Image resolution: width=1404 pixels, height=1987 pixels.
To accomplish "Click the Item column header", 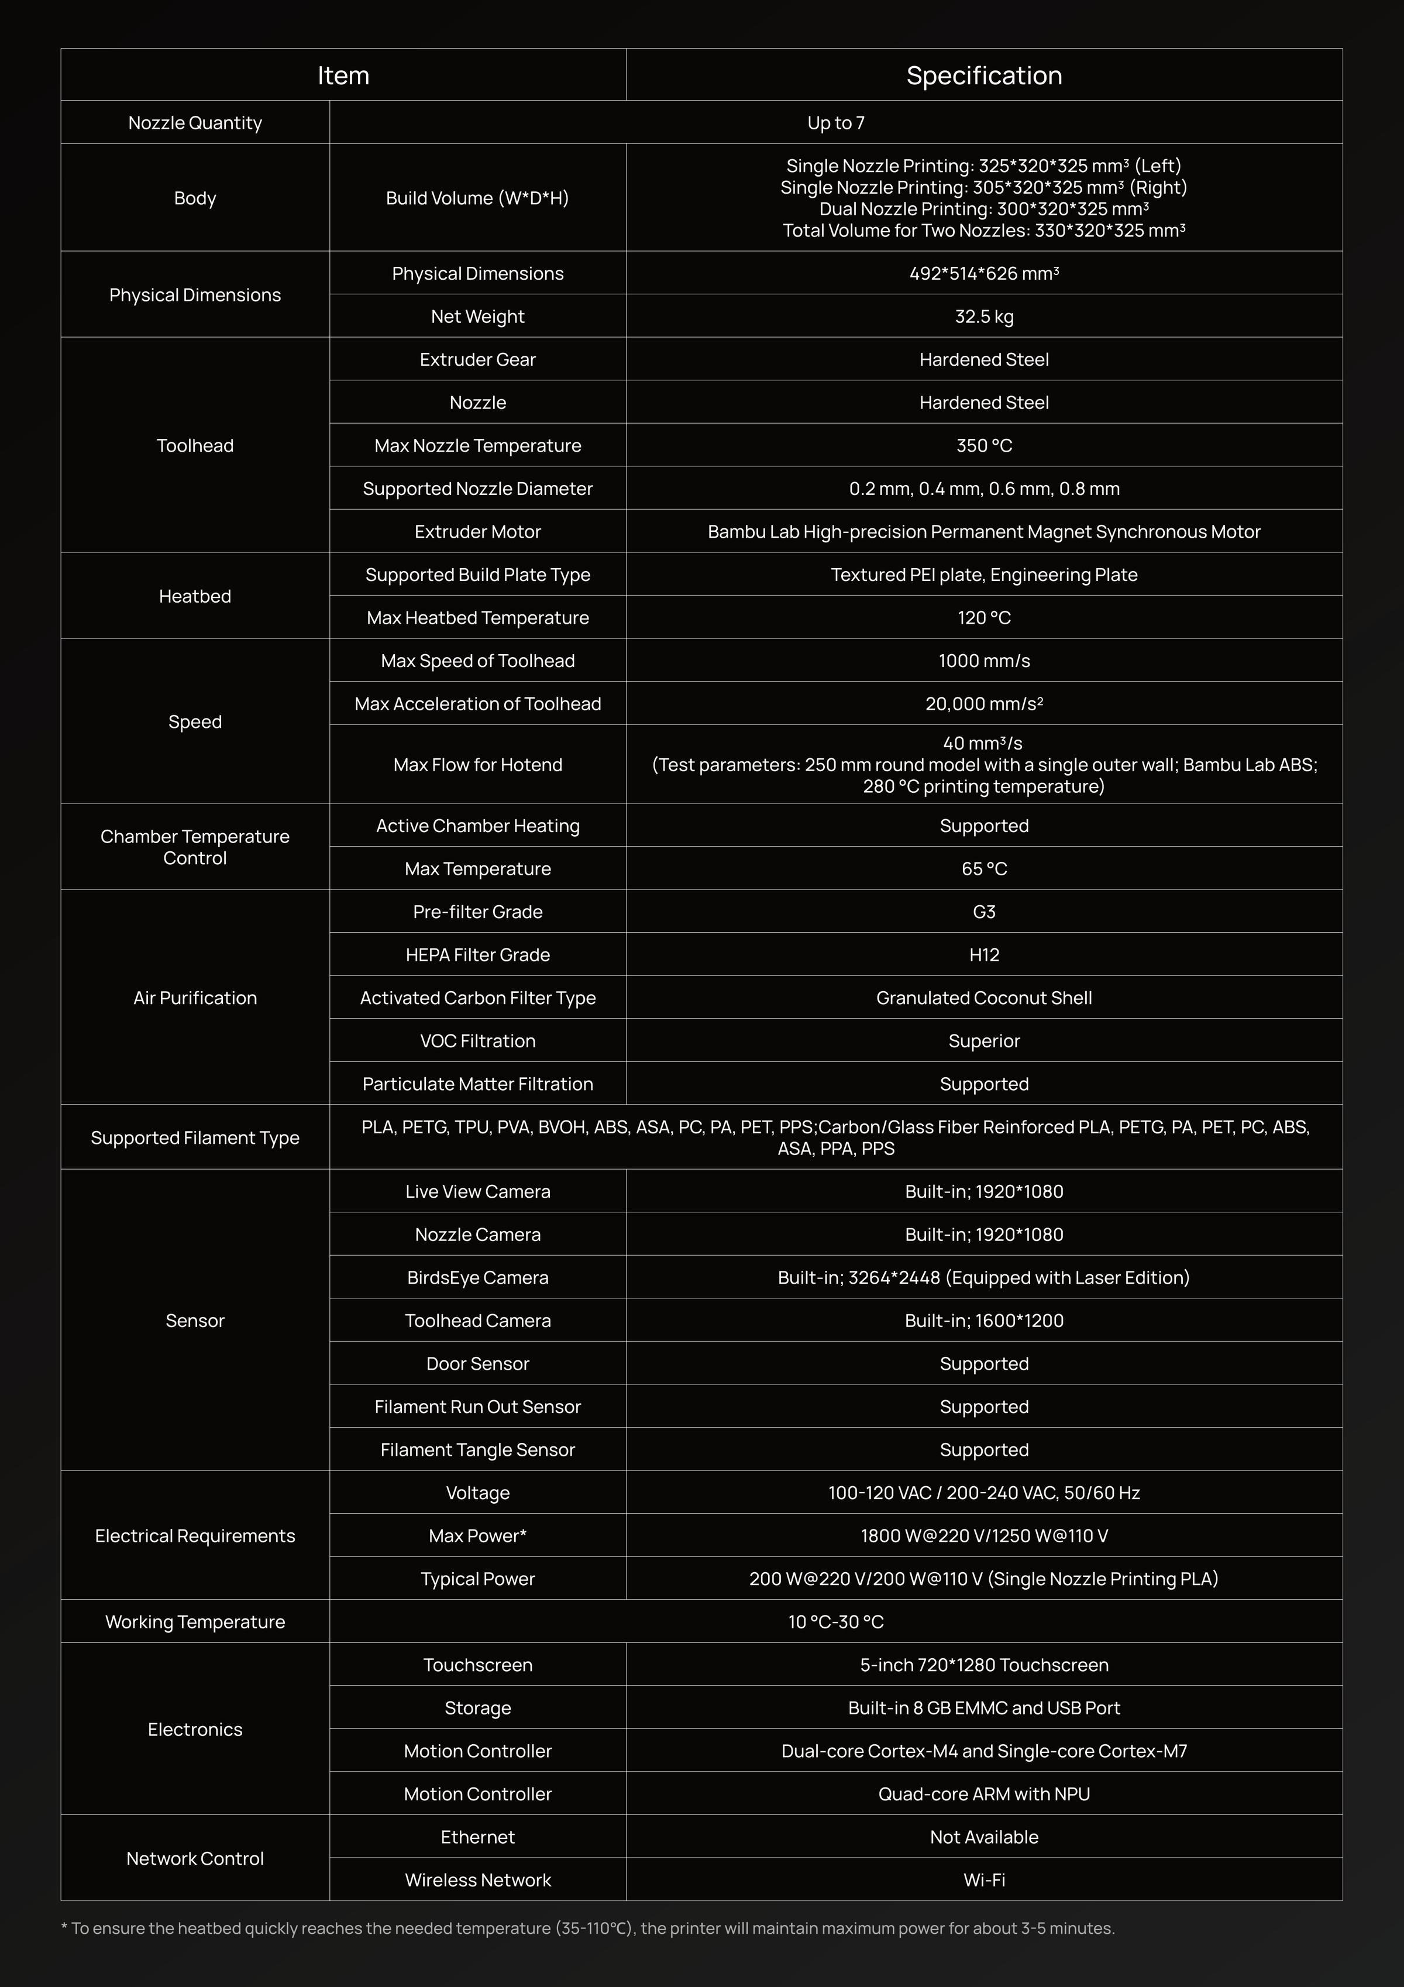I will (343, 75).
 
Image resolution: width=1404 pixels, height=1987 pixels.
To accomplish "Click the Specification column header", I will (983, 75).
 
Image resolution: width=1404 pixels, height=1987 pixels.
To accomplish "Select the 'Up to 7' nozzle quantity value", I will (835, 123).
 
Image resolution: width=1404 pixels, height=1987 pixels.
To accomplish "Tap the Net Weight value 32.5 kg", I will (983, 317).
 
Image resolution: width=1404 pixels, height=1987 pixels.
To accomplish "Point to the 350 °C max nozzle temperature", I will (983, 446).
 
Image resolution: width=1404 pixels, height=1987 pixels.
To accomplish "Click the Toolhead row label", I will (195, 446).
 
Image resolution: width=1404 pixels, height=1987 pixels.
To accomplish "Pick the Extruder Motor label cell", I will (477, 531).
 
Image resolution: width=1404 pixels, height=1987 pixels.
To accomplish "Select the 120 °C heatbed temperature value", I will (983, 618).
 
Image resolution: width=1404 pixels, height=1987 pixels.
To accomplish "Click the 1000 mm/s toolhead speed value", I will (983, 661).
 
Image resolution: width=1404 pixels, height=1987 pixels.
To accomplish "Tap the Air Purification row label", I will (195, 998).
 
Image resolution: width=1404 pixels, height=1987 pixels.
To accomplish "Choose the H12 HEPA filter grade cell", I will (983, 954).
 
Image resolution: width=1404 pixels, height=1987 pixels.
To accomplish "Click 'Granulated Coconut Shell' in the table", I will (983, 998).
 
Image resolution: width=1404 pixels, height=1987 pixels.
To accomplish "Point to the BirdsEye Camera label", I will (477, 1277).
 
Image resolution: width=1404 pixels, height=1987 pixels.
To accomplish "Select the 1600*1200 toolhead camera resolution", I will (983, 1321).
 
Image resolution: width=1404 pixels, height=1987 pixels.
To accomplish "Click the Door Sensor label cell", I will (477, 1364).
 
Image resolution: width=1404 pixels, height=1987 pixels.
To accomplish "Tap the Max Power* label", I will (477, 1536).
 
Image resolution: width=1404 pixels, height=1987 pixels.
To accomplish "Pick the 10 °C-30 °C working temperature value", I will (835, 1622).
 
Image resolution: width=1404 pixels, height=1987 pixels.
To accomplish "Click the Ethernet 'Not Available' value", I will (983, 1837).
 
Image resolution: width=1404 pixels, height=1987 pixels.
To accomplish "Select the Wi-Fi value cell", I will (983, 1880).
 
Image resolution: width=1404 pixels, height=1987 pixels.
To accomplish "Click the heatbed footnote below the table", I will (589, 1928).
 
